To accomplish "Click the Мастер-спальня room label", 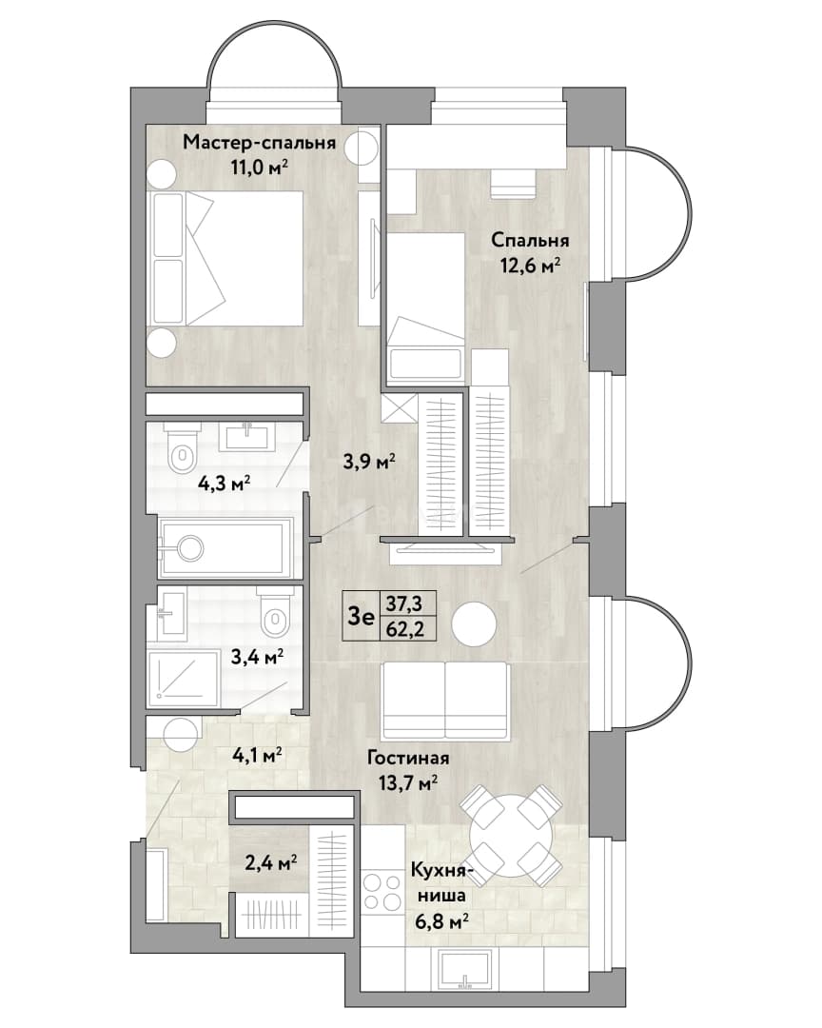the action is point(259,142).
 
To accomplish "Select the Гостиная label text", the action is point(408,758).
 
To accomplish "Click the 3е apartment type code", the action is point(360,617).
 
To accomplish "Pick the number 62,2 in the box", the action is point(404,630).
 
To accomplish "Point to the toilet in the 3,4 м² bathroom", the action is point(276,613).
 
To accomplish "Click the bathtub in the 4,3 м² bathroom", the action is point(225,547).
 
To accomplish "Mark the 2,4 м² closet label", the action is point(271,862).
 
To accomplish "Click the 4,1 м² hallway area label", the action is point(256,755).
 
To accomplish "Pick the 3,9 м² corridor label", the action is point(369,463).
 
